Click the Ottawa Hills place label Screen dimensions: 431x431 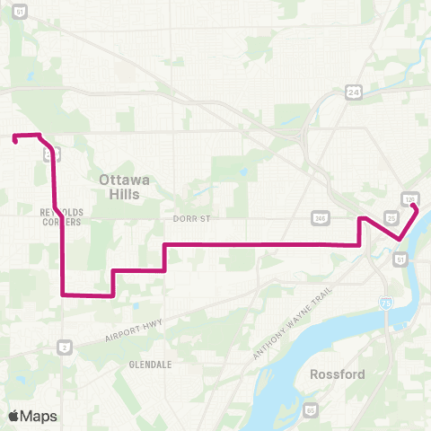124,186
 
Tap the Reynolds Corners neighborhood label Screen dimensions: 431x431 61,216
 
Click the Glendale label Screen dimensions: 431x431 150,365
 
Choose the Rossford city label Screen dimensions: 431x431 337,374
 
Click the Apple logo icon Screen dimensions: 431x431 14,416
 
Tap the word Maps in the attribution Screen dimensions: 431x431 40,416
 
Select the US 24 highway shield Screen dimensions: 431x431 355,92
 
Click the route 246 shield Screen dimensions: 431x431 320,216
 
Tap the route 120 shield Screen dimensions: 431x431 409,198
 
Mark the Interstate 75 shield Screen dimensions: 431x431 385,305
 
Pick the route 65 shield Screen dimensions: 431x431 311,410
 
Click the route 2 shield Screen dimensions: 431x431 65,346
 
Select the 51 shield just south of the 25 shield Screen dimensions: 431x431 400,259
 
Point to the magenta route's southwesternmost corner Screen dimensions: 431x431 62,294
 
